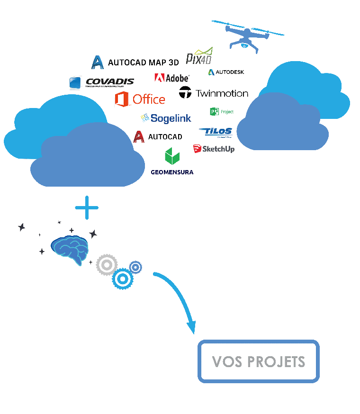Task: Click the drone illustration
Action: [246, 35]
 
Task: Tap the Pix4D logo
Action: [199, 56]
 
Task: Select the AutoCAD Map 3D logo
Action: [135, 62]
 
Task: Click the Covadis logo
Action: [102, 83]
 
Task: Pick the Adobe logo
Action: [171, 78]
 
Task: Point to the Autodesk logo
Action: [226, 72]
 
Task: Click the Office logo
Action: [140, 99]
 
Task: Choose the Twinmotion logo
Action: [214, 93]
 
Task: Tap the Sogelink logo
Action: [166, 117]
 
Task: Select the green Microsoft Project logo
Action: [221, 112]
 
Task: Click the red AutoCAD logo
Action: [158, 137]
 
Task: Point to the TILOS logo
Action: [216, 132]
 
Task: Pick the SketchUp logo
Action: [214, 149]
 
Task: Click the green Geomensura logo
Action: [172, 162]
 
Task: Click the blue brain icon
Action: [70, 249]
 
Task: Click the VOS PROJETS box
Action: [258, 361]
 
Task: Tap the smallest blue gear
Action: [135, 267]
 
